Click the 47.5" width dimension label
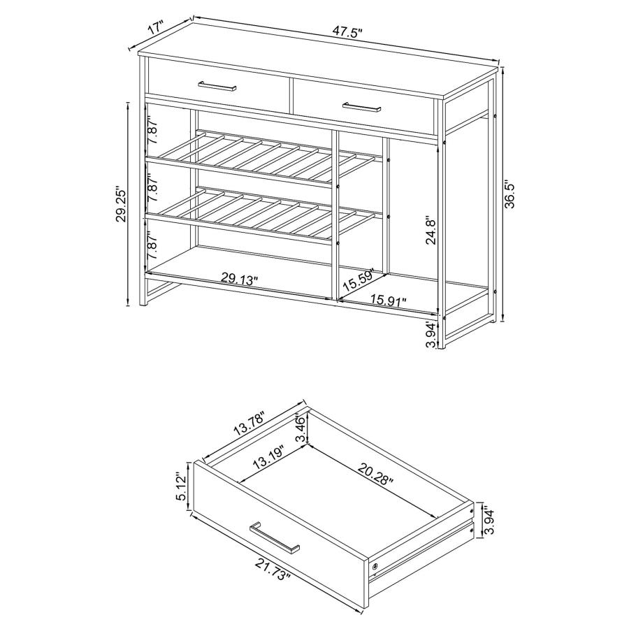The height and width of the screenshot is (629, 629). tap(347, 34)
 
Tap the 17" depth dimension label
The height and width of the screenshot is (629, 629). tap(155, 29)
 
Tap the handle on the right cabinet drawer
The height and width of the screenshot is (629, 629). tap(361, 108)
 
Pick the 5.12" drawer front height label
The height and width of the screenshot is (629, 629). tap(182, 486)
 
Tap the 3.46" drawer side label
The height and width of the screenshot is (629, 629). tap(301, 428)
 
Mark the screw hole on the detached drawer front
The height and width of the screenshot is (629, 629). tap(376, 566)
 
